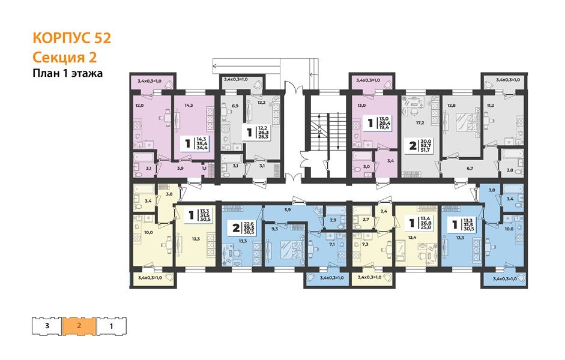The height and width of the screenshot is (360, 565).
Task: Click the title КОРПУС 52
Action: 71,39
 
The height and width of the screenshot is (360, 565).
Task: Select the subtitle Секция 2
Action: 65,57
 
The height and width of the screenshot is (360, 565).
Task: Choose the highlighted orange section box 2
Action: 79,325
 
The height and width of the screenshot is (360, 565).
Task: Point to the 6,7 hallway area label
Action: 471,169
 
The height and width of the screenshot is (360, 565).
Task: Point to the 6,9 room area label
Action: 235,106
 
